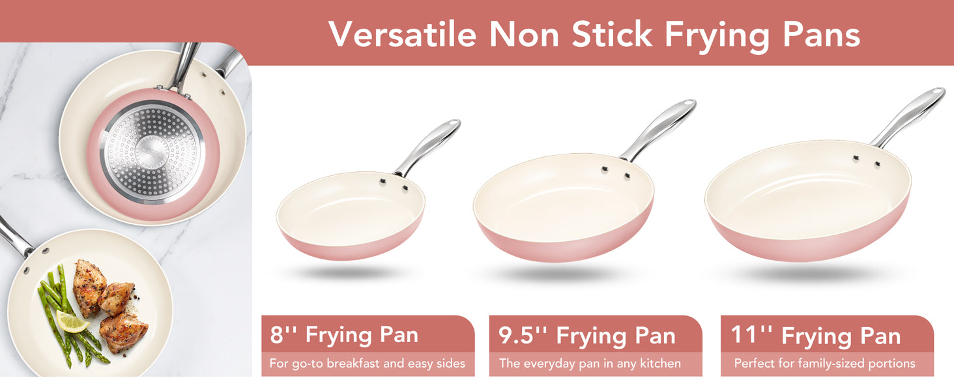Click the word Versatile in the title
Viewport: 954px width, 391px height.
pos(403,34)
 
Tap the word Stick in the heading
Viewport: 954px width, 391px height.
pos(612,34)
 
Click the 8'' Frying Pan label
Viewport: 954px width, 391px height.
pos(344,334)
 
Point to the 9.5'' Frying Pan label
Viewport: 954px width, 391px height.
pos(587,335)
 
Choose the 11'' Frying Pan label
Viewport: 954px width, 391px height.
pos(816,335)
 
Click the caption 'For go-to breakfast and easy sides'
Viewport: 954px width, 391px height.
pos(367,364)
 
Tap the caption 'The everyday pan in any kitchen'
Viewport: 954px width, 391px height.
pos(590,364)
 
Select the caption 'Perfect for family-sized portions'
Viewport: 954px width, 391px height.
pos(824,364)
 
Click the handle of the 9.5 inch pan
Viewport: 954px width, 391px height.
pos(658,129)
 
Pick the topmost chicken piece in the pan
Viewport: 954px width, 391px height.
pos(89,286)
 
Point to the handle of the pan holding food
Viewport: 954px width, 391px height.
pos(15,237)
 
